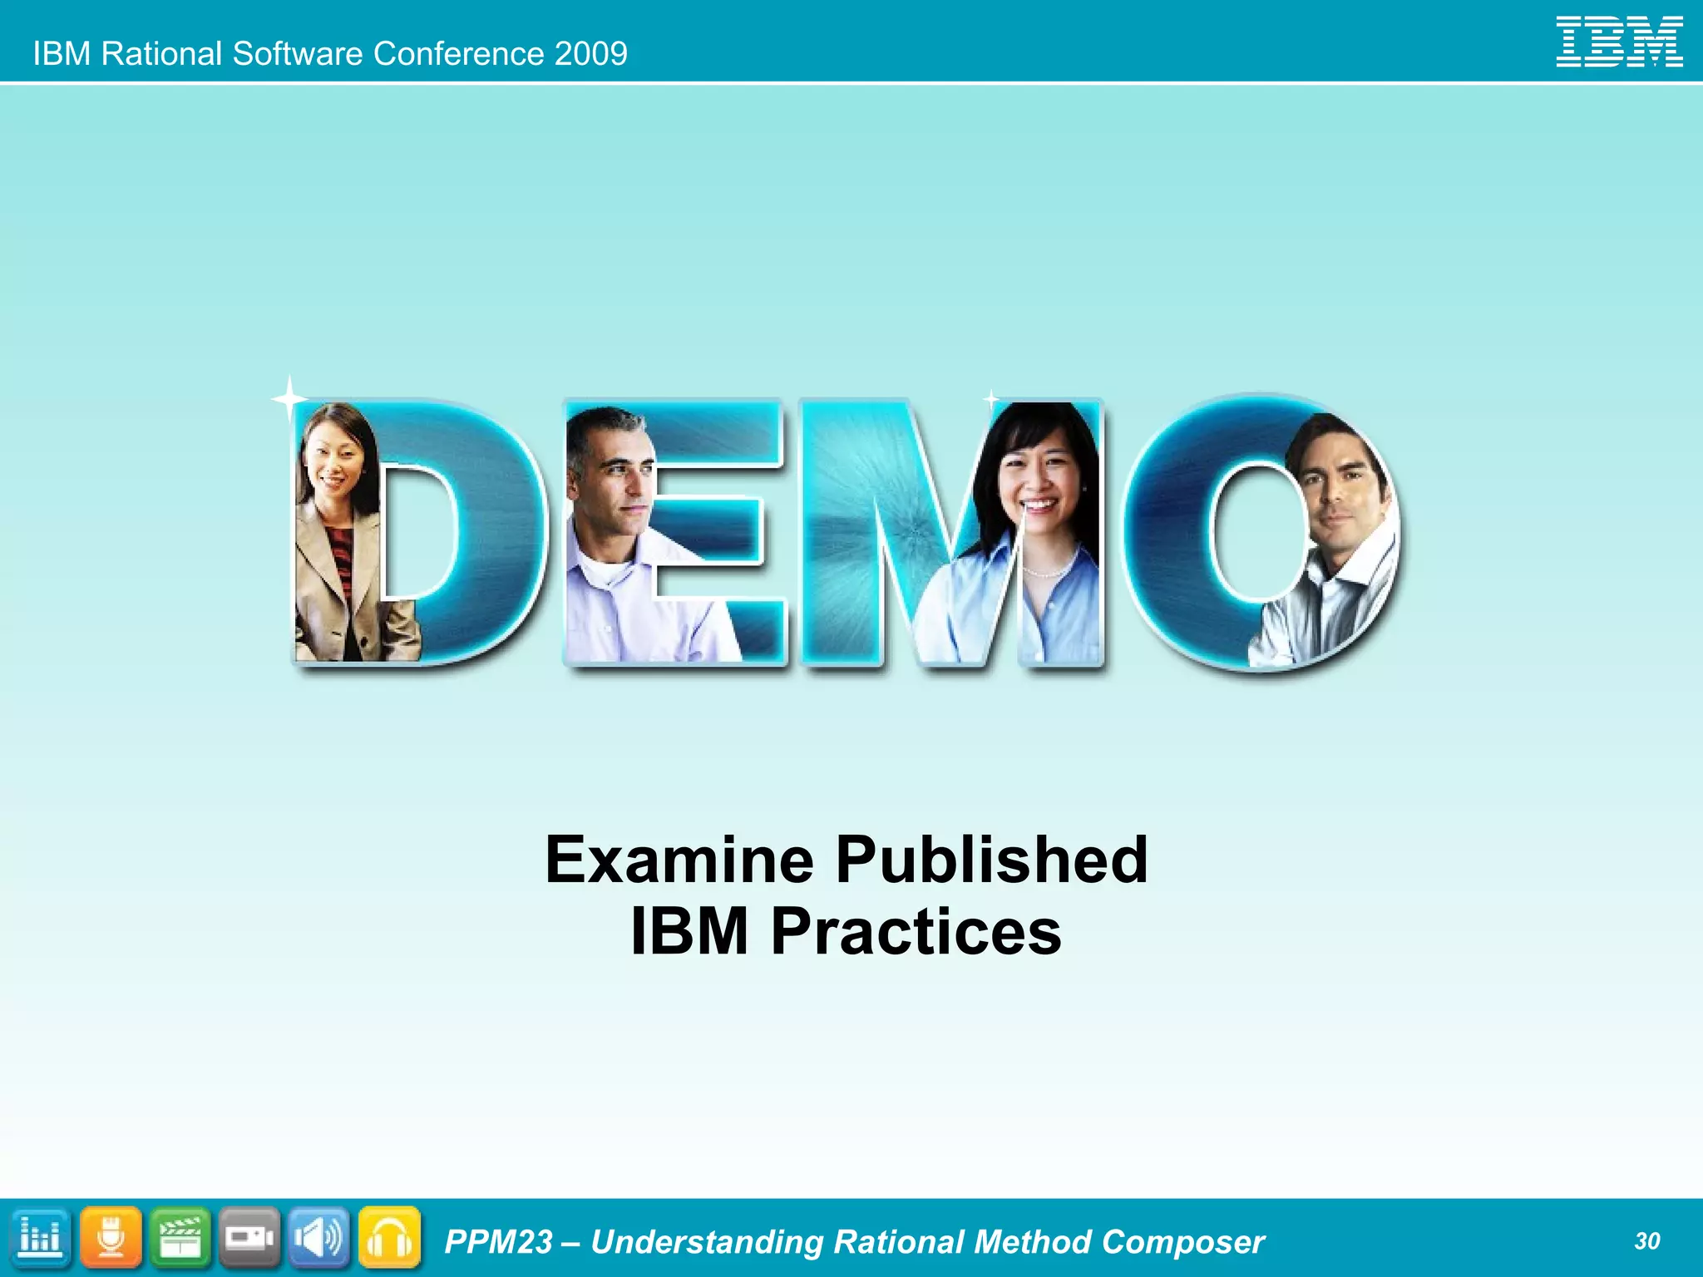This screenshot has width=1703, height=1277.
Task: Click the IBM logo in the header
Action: [1619, 42]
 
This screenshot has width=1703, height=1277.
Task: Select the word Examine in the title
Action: [679, 860]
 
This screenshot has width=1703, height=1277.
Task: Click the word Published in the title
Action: [992, 860]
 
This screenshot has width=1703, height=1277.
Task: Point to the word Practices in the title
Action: [916, 931]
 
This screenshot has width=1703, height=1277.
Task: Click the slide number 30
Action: [1646, 1241]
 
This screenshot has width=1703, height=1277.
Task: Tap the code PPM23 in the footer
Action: [498, 1242]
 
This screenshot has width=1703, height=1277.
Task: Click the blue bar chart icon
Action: [40, 1238]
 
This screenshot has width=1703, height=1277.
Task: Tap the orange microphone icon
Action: [111, 1238]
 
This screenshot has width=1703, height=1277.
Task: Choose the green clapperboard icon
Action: [180, 1238]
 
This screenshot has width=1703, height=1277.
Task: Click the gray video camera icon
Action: [249, 1238]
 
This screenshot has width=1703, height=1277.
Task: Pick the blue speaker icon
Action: [319, 1238]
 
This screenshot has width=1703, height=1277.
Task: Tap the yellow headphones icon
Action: [389, 1238]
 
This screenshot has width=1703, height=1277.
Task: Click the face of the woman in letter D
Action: [334, 465]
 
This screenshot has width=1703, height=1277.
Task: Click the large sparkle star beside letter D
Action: [289, 400]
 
